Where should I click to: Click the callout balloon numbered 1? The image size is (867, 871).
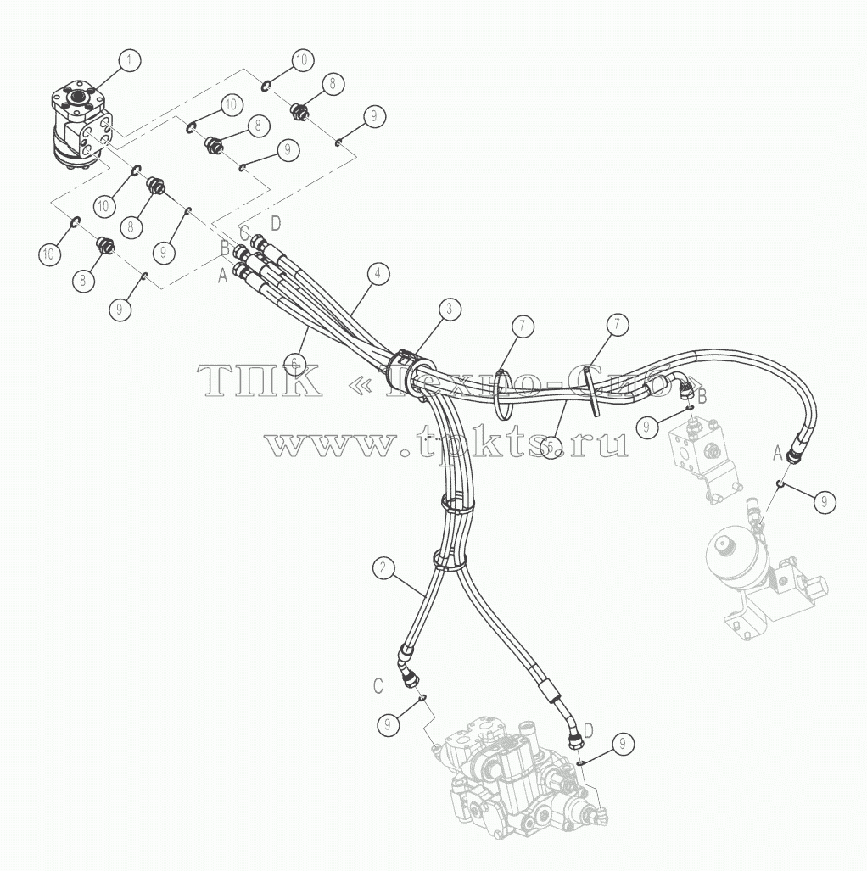pyautogui.click(x=130, y=60)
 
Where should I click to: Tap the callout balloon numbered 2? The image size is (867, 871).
pyautogui.click(x=383, y=567)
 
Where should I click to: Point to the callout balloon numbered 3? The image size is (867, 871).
pyautogui.click(x=449, y=310)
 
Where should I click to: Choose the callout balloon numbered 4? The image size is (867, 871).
pyautogui.click(x=378, y=274)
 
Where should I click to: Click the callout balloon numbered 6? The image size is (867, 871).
pyautogui.click(x=294, y=361)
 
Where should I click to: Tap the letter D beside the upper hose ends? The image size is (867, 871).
pyautogui.click(x=276, y=224)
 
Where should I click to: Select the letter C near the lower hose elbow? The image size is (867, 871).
pyautogui.click(x=378, y=687)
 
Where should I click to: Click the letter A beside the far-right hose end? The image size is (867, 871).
pyautogui.click(x=778, y=455)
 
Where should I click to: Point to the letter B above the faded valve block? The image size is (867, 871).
pyautogui.click(x=702, y=397)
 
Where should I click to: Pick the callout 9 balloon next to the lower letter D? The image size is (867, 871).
pyautogui.click(x=623, y=743)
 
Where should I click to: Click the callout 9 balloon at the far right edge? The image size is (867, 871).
pyautogui.click(x=825, y=501)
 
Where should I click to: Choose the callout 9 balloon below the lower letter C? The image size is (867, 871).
pyautogui.click(x=388, y=724)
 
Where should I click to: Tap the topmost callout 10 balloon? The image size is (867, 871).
pyautogui.click(x=301, y=60)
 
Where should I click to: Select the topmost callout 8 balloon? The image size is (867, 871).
pyautogui.click(x=333, y=84)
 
